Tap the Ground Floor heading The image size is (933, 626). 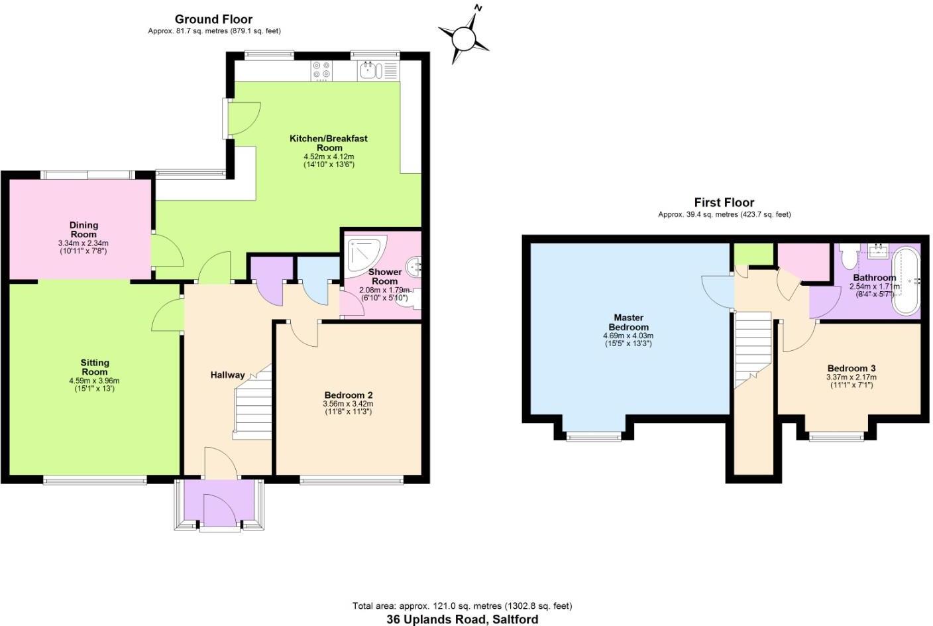[x=213, y=19]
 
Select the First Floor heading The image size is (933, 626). [x=724, y=202]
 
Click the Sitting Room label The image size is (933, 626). [x=95, y=367]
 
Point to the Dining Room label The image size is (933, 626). [x=83, y=229]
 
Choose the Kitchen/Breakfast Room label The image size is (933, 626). [x=328, y=143]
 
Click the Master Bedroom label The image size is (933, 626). [x=628, y=322]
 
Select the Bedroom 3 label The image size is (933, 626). [x=851, y=368]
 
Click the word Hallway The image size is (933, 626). [x=227, y=375]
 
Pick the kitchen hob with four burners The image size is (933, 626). [x=321, y=70]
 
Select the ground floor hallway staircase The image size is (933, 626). [x=252, y=402]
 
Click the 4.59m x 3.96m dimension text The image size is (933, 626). [x=95, y=381]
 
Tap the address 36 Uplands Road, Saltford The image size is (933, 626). [x=462, y=619]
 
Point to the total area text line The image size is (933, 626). [x=462, y=605]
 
